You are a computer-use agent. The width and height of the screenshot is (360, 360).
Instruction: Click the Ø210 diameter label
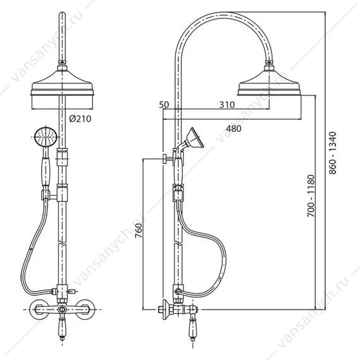[x=80, y=119]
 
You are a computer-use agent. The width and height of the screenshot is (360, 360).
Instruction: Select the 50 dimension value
[x=164, y=105]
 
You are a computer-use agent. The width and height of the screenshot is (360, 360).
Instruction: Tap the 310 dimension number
[x=227, y=105]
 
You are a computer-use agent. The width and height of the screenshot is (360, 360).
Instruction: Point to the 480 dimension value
[x=234, y=129]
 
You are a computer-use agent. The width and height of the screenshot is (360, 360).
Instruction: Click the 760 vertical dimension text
[x=139, y=230]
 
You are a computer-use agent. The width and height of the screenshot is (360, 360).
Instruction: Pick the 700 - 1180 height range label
[x=311, y=196]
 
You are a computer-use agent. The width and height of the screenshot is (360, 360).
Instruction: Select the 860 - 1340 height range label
[x=333, y=153]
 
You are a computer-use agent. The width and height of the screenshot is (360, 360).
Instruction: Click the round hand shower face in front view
[x=46, y=137]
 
